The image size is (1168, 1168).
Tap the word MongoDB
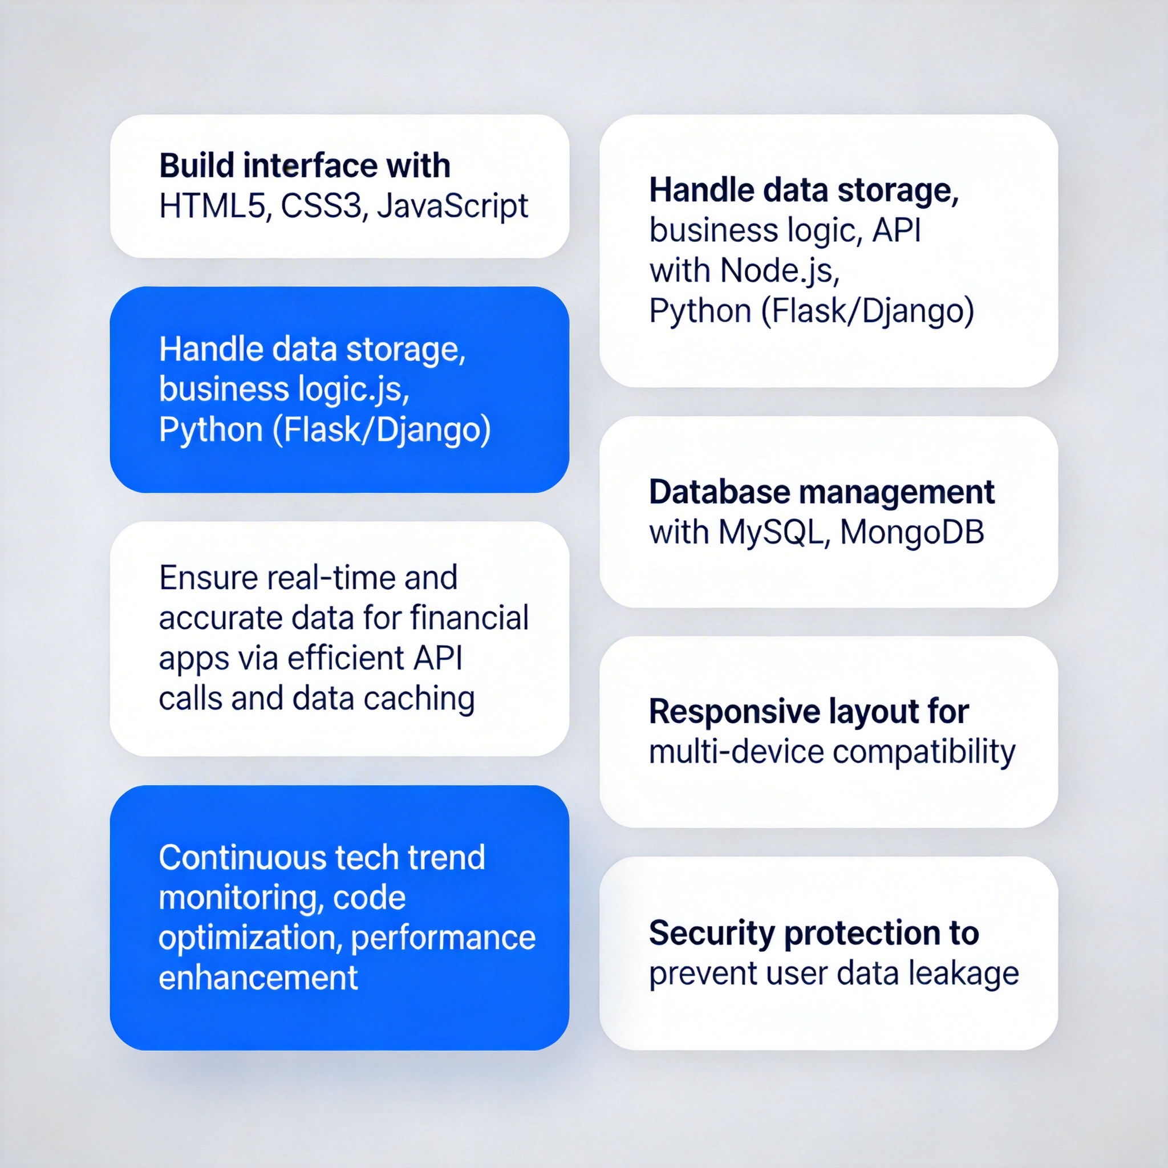tap(912, 533)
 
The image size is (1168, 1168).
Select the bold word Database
tap(719, 492)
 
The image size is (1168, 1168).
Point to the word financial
tap(470, 618)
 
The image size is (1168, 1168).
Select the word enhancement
tap(258, 978)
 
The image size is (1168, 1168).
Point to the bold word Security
tap(712, 934)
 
